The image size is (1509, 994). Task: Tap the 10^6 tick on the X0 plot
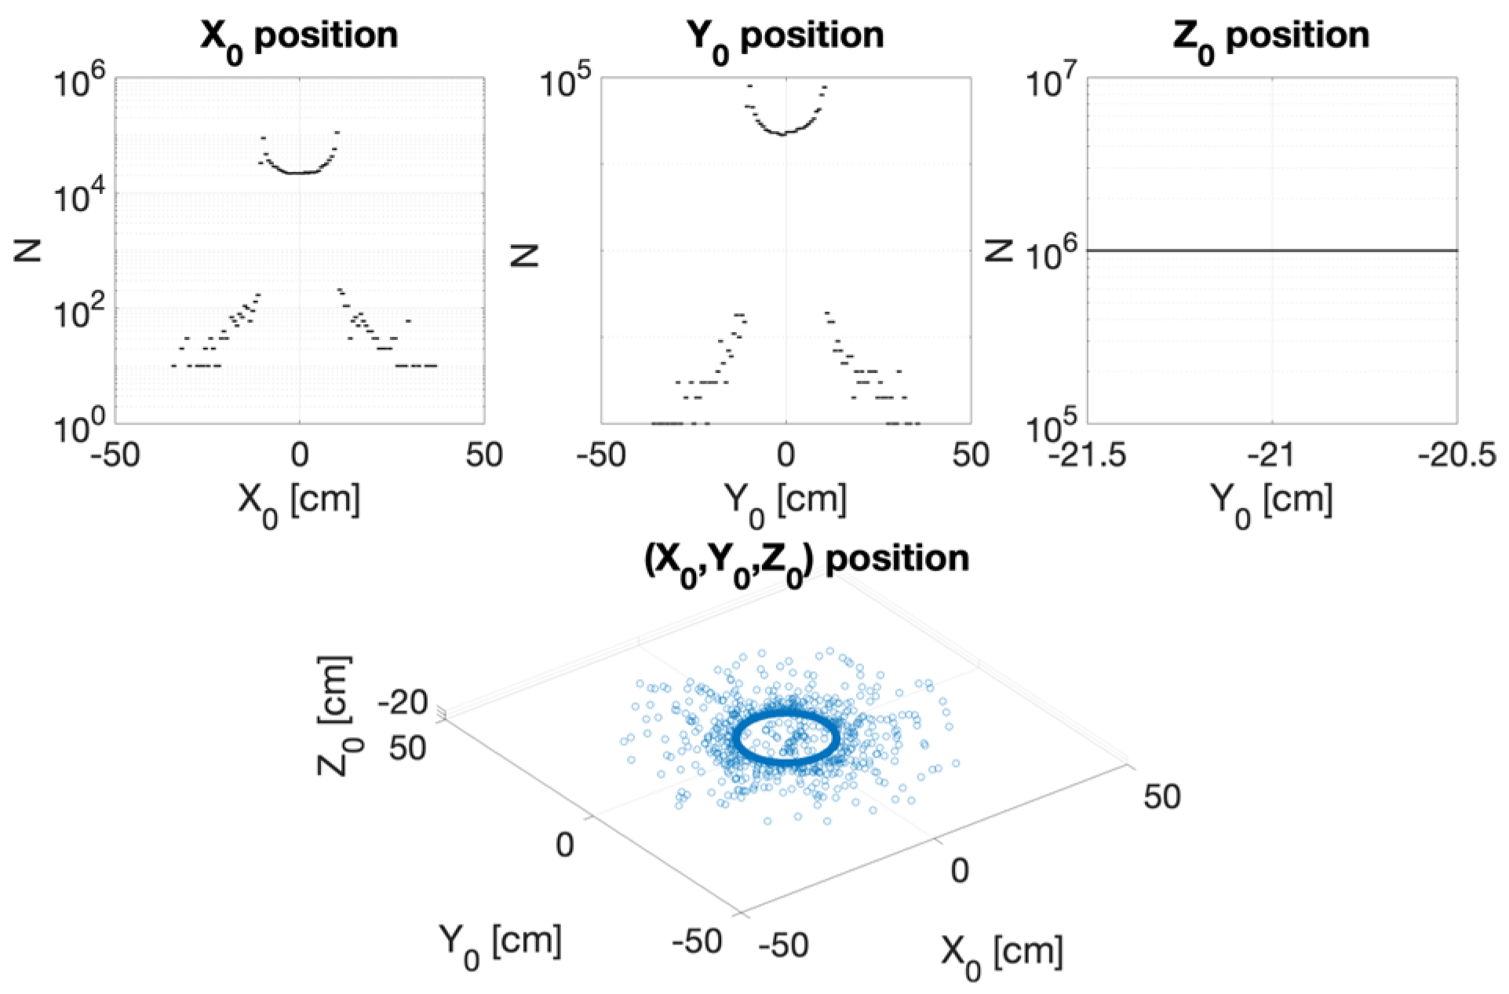click(x=78, y=82)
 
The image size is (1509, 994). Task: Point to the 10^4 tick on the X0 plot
click(x=78, y=198)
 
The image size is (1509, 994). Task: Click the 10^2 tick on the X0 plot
click(x=78, y=313)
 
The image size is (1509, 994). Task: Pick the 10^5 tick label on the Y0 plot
click(x=566, y=82)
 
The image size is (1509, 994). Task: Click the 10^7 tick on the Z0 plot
click(x=1053, y=82)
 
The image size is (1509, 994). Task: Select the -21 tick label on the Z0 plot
click(x=1271, y=455)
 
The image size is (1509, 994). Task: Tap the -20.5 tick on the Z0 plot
click(x=1456, y=455)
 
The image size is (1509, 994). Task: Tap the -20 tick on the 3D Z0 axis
click(x=402, y=701)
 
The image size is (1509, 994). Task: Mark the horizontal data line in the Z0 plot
click(x=1271, y=250)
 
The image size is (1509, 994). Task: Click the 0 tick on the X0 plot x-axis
click(x=299, y=455)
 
